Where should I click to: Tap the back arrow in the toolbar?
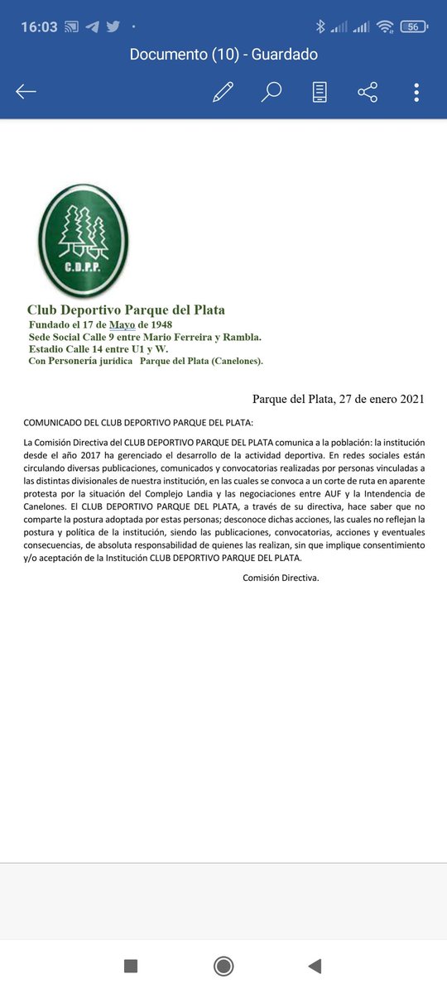[x=26, y=92]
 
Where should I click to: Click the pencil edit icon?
[x=223, y=92]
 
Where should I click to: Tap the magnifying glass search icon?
[x=271, y=92]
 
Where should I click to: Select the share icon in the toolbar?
[x=368, y=92]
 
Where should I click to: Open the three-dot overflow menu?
[x=416, y=92]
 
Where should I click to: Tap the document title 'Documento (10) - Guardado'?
[x=223, y=55]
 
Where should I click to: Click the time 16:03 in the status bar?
[x=39, y=26]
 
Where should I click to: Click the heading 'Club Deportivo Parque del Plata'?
[x=126, y=310]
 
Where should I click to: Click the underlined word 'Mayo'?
[x=123, y=324]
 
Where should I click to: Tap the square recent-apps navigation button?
[x=130, y=966]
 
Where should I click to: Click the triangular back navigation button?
[x=314, y=966]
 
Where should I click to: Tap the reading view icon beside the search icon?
[x=320, y=92]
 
